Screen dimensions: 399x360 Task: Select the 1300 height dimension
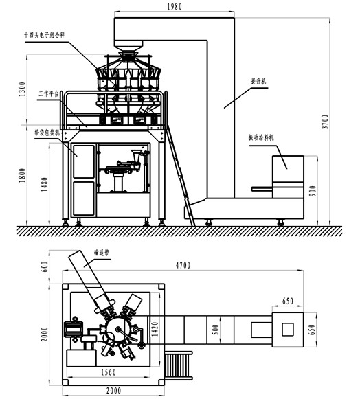click(22, 89)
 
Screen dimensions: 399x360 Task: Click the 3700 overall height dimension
click(335, 121)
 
